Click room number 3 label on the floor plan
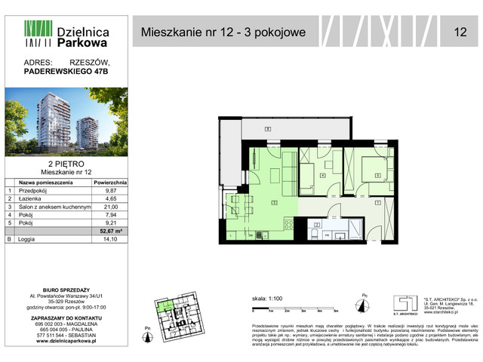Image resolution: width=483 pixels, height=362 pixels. coord(274,202)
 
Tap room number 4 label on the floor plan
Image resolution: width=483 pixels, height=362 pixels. coord(322,176)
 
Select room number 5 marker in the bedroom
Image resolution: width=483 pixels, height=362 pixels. coord(377,174)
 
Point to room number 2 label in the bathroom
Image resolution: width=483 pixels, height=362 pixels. coord(318,224)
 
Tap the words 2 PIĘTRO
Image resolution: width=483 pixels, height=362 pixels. coord(65,163)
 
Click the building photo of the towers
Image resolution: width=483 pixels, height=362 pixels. coord(65,121)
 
